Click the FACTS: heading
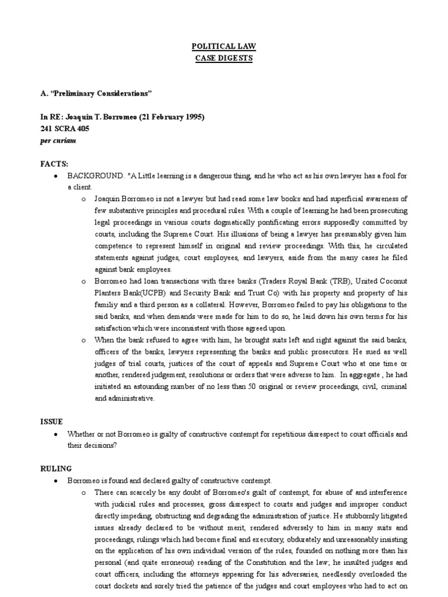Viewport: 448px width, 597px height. (54, 165)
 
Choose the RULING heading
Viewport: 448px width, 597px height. (55, 468)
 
